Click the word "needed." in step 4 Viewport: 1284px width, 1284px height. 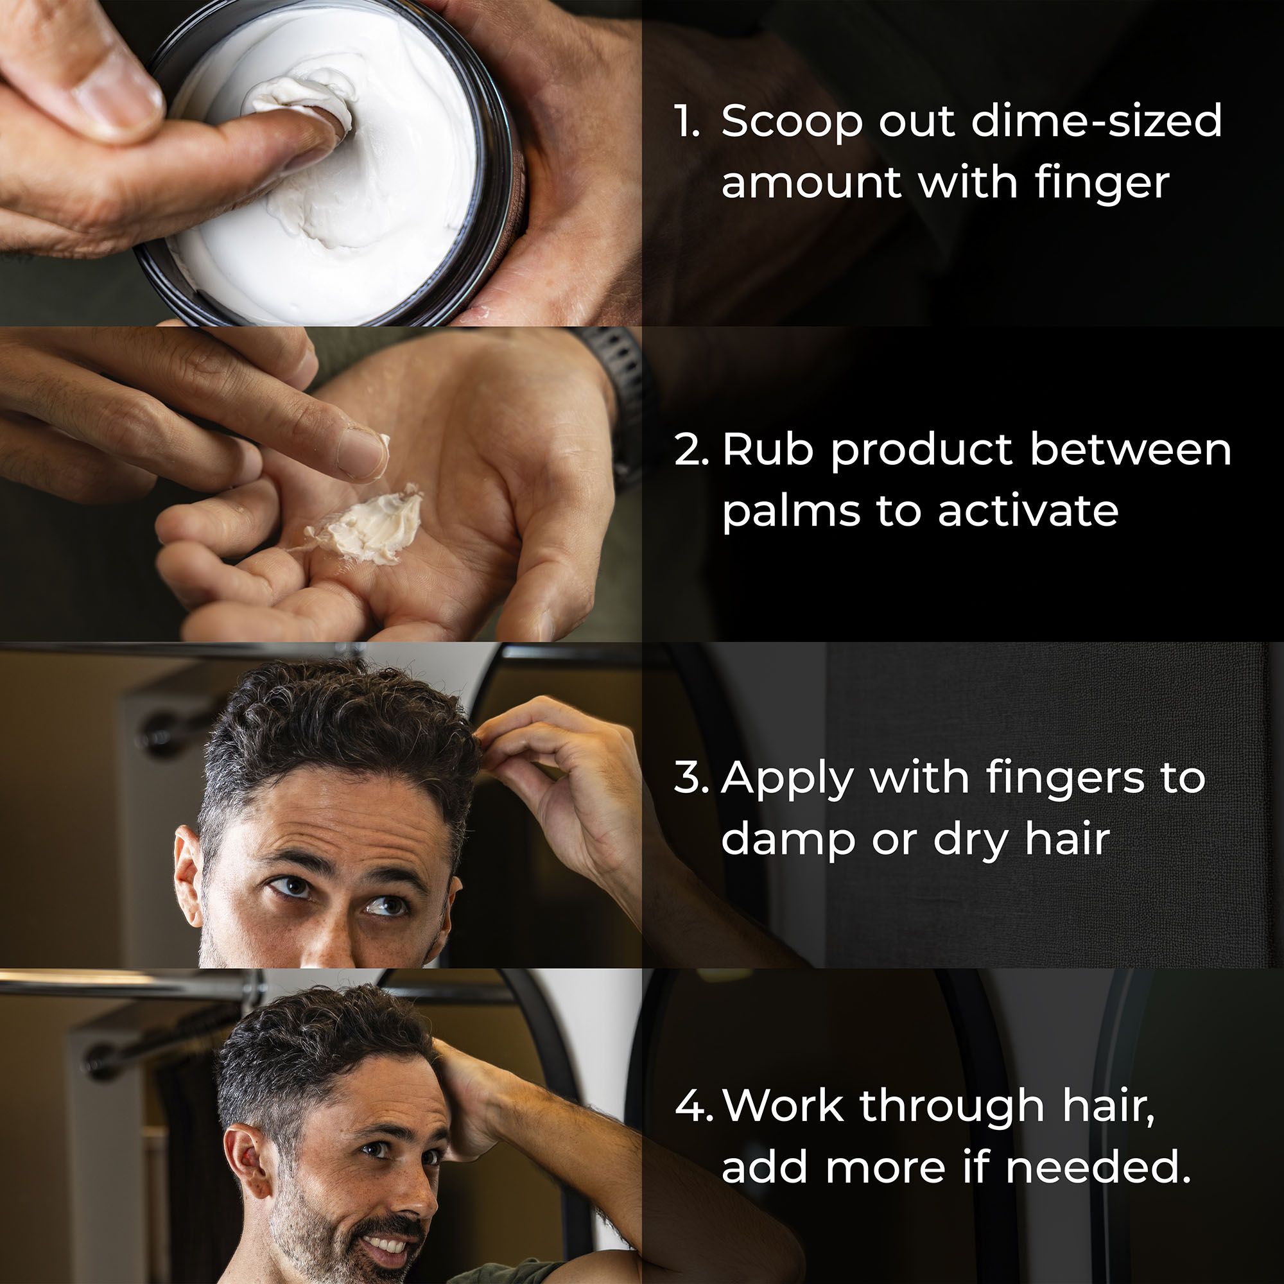coord(1097,1167)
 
